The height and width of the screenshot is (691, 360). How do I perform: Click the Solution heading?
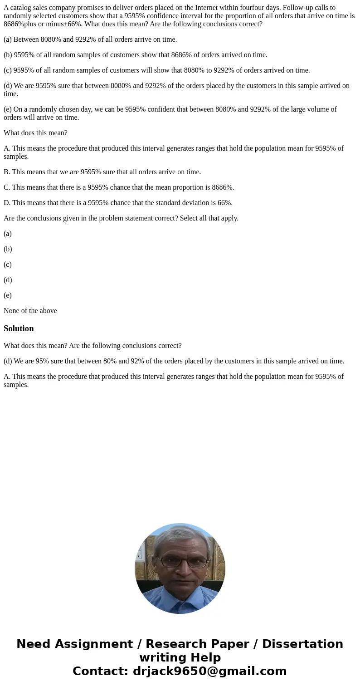point(19,328)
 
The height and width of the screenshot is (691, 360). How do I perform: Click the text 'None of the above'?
point(30,311)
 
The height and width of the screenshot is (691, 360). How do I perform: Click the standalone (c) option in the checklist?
point(8,265)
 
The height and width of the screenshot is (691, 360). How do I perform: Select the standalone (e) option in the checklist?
point(8,295)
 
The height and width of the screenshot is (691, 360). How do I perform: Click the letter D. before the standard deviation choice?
point(7,203)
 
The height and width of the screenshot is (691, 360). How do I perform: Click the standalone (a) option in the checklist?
point(8,234)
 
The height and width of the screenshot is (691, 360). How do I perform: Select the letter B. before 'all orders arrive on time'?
point(7,172)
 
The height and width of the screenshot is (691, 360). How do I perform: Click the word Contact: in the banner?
point(100,671)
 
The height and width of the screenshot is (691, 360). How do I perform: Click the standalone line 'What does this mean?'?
point(35,133)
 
